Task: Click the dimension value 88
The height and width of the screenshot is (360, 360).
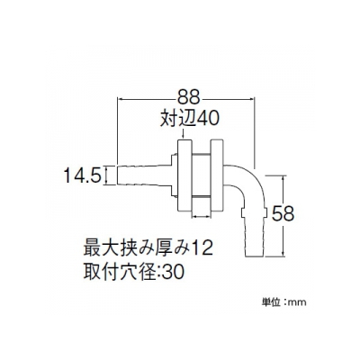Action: [x=188, y=96]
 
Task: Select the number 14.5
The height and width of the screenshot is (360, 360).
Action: [x=82, y=175]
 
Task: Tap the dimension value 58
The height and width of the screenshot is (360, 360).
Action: [x=283, y=214]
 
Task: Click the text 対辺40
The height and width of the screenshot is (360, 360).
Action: [x=190, y=118]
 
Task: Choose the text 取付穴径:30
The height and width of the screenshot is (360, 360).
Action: [x=134, y=273]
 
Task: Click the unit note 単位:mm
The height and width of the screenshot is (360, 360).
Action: [x=284, y=301]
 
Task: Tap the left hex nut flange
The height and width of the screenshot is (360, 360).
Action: [x=185, y=175]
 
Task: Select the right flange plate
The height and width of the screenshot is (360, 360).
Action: [x=217, y=175]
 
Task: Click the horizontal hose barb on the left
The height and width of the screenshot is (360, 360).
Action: [x=143, y=175]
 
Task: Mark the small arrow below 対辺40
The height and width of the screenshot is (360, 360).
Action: [x=184, y=133]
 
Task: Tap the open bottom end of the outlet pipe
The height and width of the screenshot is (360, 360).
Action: [x=255, y=256]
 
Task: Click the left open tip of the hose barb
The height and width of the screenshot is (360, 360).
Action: [x=117, y=175]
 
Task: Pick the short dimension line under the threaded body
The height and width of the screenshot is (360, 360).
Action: [x=201, y=215]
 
